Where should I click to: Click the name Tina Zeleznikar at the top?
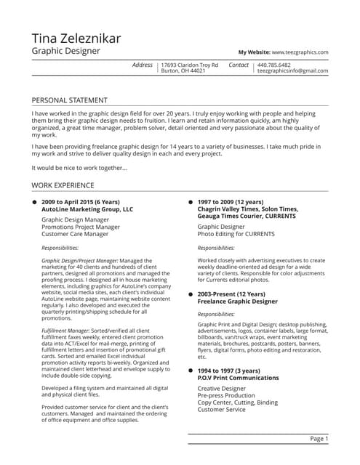coord(76,39)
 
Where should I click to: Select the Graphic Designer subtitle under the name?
coord(66,52)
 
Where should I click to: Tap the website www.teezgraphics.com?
coord(300,52)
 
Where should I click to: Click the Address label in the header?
coord(143,65)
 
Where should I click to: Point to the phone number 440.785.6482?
coord(273,65)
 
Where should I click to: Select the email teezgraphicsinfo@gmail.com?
coord(293,71)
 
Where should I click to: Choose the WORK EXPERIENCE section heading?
coord(63,185)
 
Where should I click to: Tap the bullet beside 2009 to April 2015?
coord(34,201)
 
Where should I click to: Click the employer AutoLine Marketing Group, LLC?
coord(87,209)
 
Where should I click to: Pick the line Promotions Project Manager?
coord(81,227)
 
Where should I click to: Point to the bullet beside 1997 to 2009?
coord(191,201)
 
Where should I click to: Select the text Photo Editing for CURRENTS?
coord(236,234)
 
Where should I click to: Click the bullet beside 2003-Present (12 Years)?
coord(191,294)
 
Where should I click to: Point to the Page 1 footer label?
coord(319,439)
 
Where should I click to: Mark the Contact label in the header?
coord(239,65)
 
